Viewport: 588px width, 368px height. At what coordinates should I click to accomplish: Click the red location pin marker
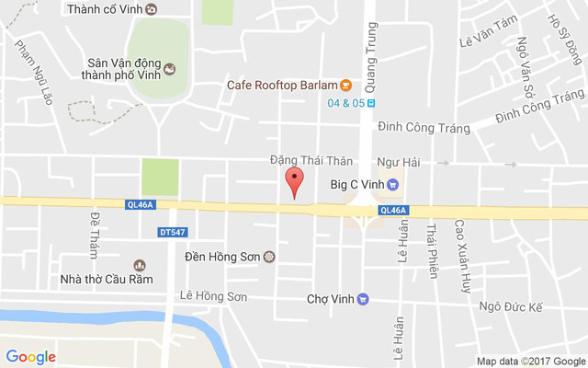click(x=294, y=181)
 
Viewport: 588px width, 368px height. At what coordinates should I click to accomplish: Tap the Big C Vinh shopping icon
click(x=392, y=184)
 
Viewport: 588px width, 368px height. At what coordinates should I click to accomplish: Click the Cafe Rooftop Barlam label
click(x=282, y=85)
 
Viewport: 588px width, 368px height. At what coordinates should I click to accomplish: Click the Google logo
click(x=31, y=357)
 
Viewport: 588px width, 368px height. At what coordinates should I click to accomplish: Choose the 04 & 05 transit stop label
click(x=345, y=102)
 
